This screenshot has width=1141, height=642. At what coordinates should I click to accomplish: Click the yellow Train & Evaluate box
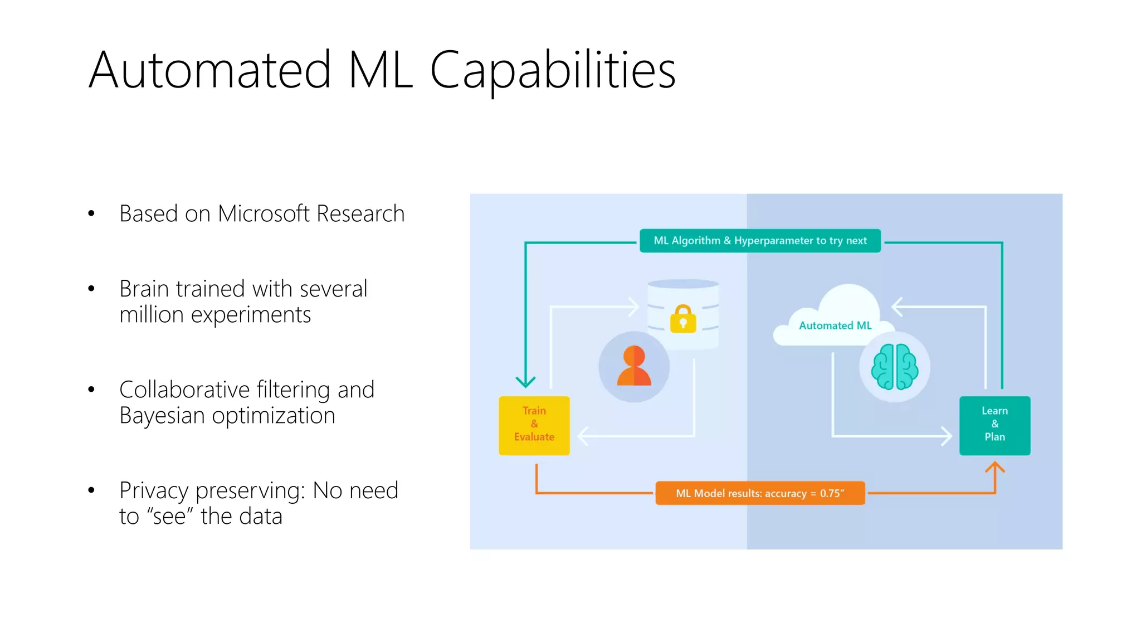coord(534,425)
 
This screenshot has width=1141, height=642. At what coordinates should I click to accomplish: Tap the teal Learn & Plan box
coord(994,425)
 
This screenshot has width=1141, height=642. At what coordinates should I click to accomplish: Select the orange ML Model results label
coord(760,493)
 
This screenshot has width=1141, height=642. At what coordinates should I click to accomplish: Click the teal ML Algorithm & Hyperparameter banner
coord(760,241)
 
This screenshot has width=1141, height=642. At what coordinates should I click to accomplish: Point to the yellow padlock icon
coord(683,319)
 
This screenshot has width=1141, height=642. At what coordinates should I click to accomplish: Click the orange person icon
coord(634,366)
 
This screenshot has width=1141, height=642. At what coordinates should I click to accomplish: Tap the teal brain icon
coord(894,366)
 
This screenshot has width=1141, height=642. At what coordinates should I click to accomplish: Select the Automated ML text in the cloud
coord(835,325)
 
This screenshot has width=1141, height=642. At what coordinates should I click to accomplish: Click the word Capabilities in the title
coord(553,71)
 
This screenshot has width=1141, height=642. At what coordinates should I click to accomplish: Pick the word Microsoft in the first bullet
coord(264,214)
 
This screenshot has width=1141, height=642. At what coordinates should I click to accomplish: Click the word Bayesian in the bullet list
coord(162,416)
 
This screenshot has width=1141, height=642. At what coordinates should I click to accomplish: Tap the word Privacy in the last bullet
coord(154,491)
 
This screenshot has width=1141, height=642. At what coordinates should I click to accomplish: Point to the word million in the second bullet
coord(152,315)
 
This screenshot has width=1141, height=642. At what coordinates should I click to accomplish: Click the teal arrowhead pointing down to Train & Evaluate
coord(525,382)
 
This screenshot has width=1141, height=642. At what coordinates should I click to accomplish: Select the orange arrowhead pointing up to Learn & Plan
coord(994,466)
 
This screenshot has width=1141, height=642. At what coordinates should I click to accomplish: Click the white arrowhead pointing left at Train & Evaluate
coord(583,436)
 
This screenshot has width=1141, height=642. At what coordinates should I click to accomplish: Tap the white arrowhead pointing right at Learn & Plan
coord(946,436)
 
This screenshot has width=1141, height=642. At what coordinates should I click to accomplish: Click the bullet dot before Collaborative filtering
coord(91,390)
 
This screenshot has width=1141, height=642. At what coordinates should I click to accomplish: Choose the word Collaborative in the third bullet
coord(184,390)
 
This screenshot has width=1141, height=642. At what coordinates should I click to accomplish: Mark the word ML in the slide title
coord(381,71)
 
